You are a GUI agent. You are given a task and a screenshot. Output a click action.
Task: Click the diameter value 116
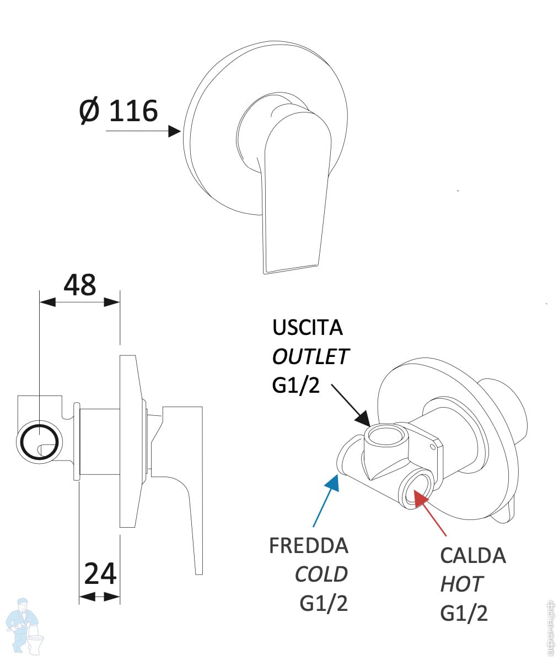pyautogui.click(x=133, y=111)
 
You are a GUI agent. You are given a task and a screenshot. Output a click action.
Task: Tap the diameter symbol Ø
pyautogui.click(x=89, y=111)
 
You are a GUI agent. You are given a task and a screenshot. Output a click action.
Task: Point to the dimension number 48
pyautogui.click(x=80, y=285)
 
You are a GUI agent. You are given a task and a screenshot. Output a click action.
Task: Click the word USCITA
pyautogui.click(x=307, y=328)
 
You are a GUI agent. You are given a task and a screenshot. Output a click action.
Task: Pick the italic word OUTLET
pyautogui.click(x=310, y=356)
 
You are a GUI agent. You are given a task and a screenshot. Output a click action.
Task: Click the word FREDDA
pyautogui.click(x=308, y=545)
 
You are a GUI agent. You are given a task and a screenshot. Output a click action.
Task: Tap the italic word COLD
pyautogui.click(x=321, y=575)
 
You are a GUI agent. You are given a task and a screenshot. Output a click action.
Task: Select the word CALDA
pyautogui.click(x=472, y=555)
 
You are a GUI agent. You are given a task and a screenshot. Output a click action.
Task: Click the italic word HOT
pyautogui.click(x=461, y=584)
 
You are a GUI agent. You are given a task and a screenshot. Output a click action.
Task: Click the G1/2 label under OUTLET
pyautogui.click(x=295, y=385)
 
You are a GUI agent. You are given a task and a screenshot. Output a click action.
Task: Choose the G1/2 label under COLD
pyautogui.click(x=324, y=603)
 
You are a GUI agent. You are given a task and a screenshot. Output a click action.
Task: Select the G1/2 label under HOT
pyautogui.click(x=464, y=613)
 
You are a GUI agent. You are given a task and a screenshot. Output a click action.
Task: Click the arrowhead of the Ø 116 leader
pyautogui.click(x=175, y=131)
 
